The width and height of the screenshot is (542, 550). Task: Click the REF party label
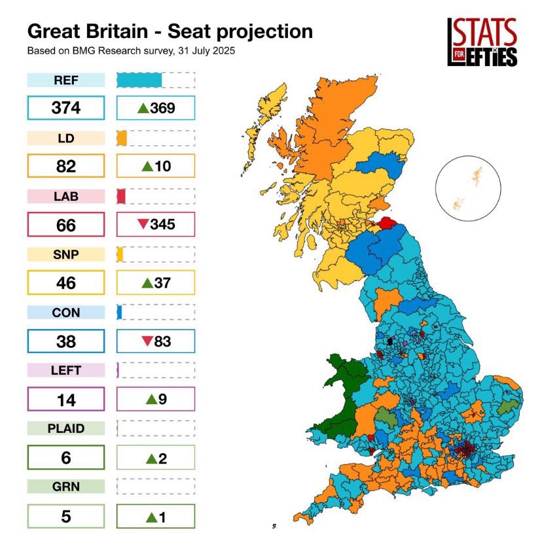[x=65, y=80]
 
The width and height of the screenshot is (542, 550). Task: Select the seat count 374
[x=65, y=109]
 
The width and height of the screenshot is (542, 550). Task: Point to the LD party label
[x=65, y=139]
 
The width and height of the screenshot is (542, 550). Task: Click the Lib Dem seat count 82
[x=65, y=167]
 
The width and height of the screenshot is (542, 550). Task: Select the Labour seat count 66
[x=65, y=225]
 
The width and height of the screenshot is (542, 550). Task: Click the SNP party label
[x=65, y=254]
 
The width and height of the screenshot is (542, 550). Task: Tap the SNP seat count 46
[x=65, y=283]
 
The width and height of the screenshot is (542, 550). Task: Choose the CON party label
[x=65, y=313]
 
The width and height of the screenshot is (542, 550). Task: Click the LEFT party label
[x=65, y=370]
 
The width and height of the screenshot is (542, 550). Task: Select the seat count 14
[x=65, y=399]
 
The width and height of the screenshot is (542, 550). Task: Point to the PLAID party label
[x=65, y=429]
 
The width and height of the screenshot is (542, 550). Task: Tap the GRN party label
[x=65, y=487]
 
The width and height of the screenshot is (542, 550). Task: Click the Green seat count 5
[x=65, y=515]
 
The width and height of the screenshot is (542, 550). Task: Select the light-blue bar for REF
[x=139, y=80]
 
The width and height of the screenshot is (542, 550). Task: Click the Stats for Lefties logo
[x=482, y=42]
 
